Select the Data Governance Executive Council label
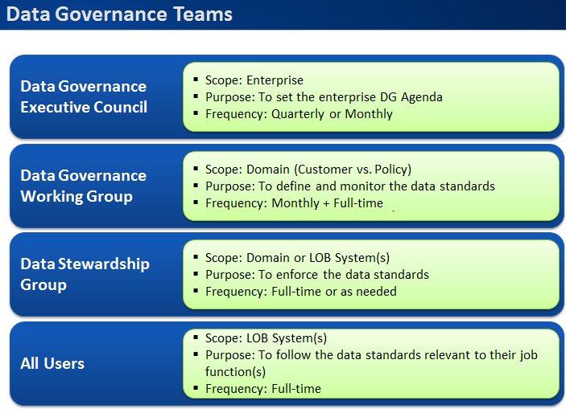84,96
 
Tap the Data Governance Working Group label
84,186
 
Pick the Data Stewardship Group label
85,274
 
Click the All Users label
52,363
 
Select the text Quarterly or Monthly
332,114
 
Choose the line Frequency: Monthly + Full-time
294,203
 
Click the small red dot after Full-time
393,211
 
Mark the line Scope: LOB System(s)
266,338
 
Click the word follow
307,354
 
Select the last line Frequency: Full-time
263,389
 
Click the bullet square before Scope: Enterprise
197,80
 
